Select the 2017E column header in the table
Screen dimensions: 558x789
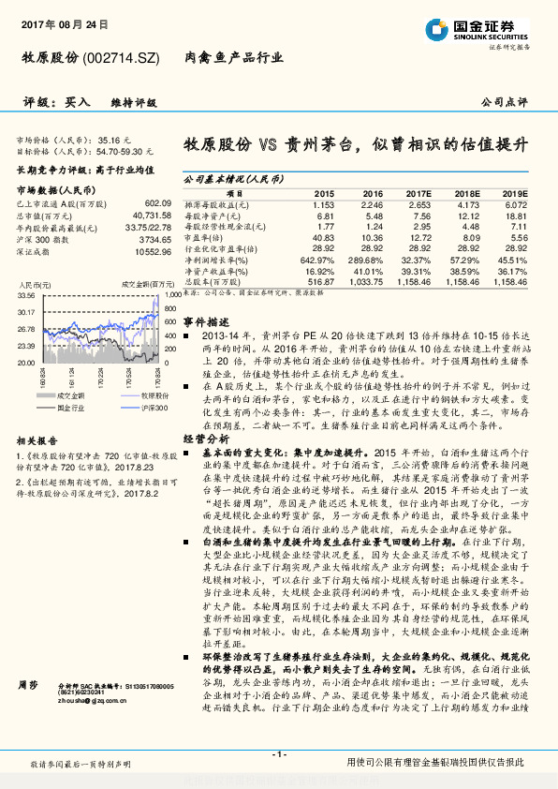419,191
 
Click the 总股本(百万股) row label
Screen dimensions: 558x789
211,281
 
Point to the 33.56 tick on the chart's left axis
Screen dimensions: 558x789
26,295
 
